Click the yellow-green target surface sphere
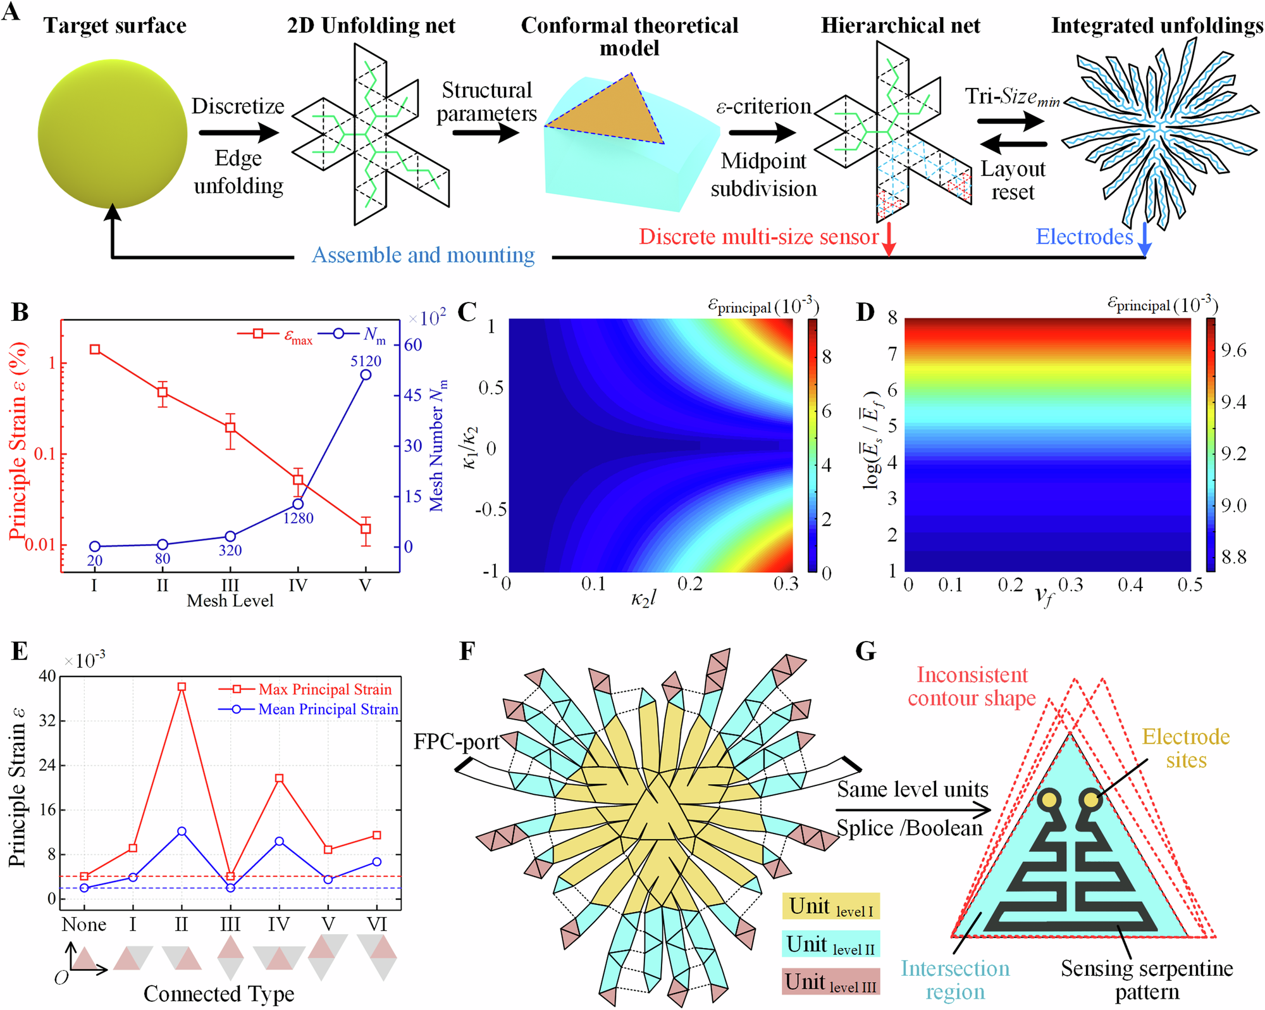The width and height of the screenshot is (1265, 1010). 113,134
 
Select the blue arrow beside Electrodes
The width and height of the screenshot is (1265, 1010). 1144,239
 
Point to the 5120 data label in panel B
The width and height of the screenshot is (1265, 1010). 366,361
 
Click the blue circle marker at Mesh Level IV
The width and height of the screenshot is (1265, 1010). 298,504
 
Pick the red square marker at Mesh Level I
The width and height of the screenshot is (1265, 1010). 95,349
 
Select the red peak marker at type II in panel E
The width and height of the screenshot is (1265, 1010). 182,687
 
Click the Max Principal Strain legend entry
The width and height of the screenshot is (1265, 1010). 324,689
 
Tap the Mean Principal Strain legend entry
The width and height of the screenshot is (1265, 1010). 328,709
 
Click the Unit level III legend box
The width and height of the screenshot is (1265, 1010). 830,982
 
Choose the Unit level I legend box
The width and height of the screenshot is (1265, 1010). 830,906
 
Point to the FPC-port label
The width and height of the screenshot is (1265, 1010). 456,741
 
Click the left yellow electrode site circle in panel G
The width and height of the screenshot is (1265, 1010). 1049,799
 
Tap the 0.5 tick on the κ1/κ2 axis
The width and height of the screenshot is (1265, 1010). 491,387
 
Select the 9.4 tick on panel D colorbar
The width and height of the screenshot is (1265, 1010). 1233,402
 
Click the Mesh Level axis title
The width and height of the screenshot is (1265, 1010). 230,601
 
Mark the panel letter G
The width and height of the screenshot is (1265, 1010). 865,651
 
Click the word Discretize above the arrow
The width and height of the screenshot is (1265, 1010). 238,106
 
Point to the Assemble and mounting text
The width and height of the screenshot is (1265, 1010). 423,255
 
